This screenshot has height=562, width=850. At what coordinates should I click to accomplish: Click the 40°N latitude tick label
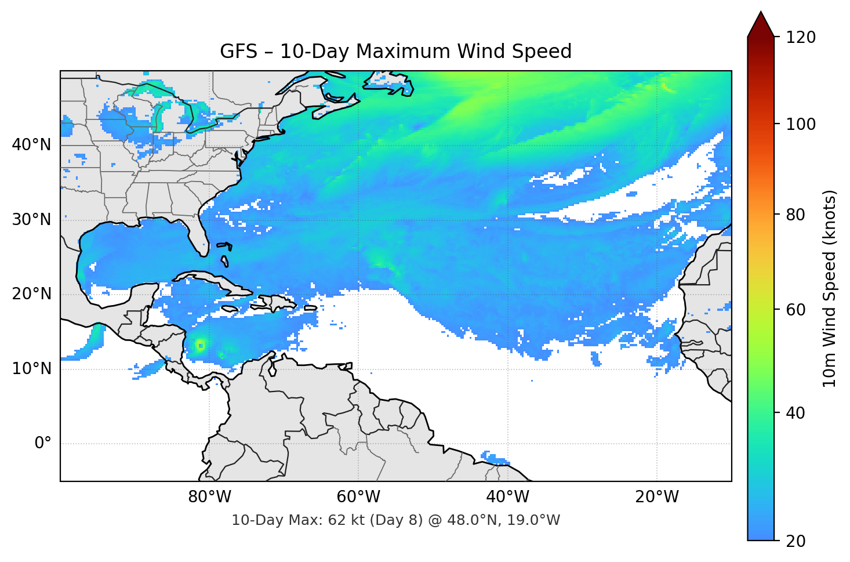pyautogui.click(x=31, y=145)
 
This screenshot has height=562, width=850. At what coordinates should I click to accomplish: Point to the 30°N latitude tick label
pyautogui.click(x=31, y=220)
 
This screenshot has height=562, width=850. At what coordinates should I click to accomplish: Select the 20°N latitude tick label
pyautogui.click(x=31, y=295)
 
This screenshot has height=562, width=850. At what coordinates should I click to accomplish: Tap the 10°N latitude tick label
pyautogui.click(x=31, y=369)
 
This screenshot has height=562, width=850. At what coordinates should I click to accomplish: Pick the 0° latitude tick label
pyautogui.click(x=42, y=444)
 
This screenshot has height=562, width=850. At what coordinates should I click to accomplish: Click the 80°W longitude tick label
pyautogui.click(x=209, y=497)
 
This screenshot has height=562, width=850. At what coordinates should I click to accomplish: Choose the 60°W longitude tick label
pyautogui.click(x=358, y=497)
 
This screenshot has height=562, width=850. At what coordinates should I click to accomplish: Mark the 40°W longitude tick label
pyautogui.click(x=507, y=497)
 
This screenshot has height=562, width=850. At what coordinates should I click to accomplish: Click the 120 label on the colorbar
pyautogui.click(x=801, y=38)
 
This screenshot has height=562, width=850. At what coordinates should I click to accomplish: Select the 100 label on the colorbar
pyautogui.click(x=801, y=125)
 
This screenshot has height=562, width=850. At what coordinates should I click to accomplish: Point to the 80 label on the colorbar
pyautogui.click(x=797, y=215)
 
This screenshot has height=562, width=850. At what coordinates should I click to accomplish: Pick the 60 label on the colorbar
pyautogui.click(x=797, y=310)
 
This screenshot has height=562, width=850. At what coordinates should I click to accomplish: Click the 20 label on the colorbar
pyautogui.click(x=797, y=541)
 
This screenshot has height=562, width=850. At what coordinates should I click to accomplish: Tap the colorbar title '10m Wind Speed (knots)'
pyautogui.click(x=830, y=289)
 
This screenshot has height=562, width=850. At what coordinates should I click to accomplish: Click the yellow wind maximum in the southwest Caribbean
pyautogui.click(x=200, y=346)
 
